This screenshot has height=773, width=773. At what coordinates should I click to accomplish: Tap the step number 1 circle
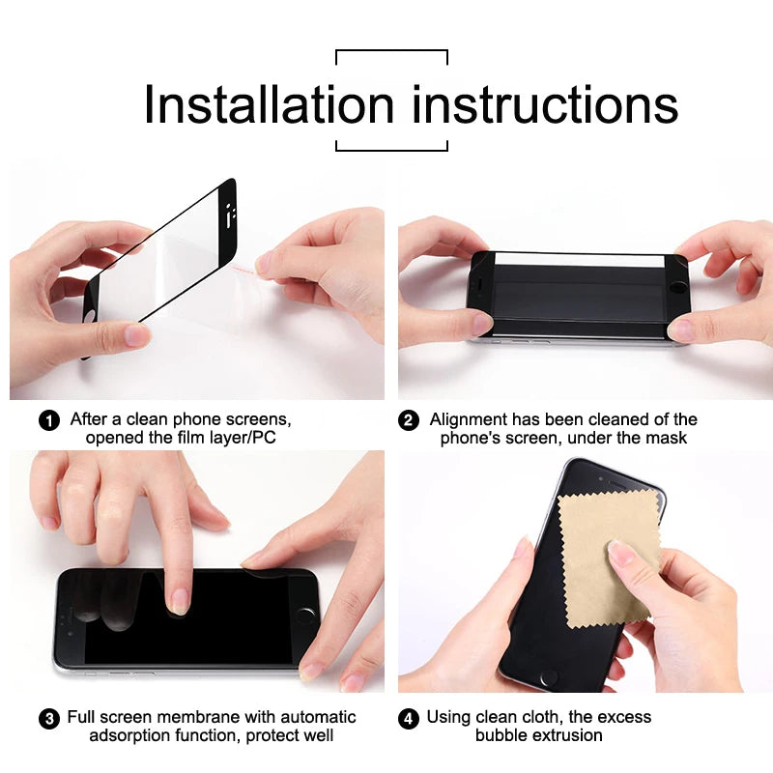click(48, 420)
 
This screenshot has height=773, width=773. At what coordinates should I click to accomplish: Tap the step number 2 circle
click(409, 420)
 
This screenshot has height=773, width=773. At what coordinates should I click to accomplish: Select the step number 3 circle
click(48, 718)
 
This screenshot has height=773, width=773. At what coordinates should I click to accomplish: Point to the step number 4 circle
click(409, 718)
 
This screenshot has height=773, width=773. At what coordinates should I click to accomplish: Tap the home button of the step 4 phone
click(549, 679)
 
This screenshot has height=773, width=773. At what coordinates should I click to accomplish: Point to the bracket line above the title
click(391, 50)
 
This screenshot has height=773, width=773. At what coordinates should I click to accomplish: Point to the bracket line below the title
click(391, 150)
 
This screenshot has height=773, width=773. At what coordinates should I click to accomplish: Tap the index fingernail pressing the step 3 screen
click(179, 603)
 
